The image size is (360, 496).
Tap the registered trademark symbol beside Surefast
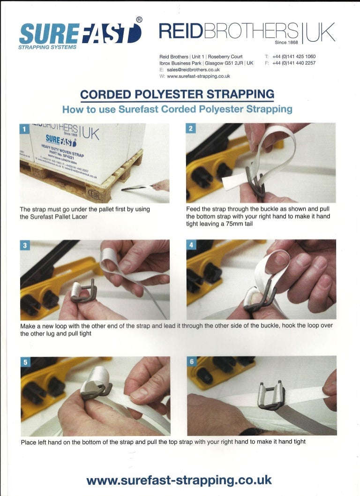point(139,20)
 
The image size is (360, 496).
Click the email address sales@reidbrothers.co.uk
point(193,69)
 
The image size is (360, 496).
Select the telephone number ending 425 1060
point(294,57)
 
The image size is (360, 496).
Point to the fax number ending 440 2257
point(294,63)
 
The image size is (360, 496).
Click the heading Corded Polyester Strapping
point(177,94)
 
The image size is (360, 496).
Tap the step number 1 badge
point(24,129)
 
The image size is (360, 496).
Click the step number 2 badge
point(190,128)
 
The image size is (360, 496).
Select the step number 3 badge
point(25,245)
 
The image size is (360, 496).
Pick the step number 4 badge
point(191,245)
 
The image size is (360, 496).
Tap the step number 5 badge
point(25,362)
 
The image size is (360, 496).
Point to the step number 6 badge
point(192,361)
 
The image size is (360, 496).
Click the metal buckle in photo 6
point(271,394)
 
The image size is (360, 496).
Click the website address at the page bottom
point(179,480)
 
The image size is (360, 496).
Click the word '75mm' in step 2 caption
point(236,224)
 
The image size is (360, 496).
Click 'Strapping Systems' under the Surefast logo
point(47,47)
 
